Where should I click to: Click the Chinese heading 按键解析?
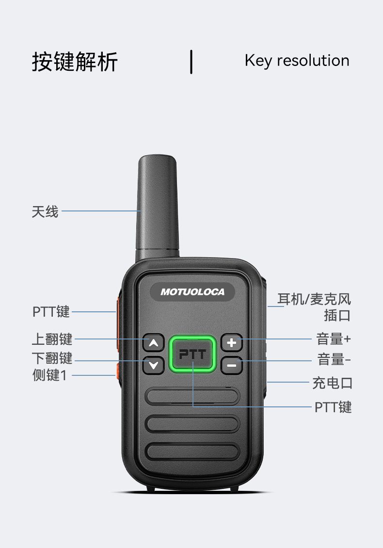75,62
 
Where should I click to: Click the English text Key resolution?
297,61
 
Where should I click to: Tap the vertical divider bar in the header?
191,62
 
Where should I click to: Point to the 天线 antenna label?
45,211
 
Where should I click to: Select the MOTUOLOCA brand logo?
192,292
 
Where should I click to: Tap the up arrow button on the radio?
153,342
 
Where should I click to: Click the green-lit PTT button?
192,354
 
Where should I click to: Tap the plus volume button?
232,342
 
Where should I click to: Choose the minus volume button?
232,366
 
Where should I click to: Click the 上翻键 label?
52,339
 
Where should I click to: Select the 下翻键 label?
52,358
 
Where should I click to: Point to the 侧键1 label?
49,375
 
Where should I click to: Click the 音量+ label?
334,339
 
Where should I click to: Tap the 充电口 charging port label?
332,383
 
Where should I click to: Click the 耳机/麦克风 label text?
314,300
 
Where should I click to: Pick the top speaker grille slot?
192,396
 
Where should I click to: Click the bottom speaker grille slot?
192,451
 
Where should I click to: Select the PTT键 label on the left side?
51,311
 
